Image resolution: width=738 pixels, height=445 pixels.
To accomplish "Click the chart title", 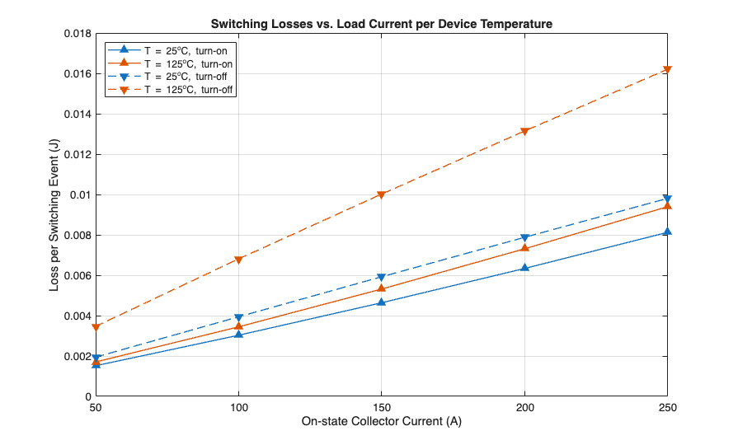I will pos(381,25).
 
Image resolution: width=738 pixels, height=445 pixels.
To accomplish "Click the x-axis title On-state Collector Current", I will pos(381,422).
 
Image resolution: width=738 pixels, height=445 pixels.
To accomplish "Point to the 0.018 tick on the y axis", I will pos(76,34).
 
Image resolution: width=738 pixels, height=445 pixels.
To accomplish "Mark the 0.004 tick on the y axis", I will pos(76,316).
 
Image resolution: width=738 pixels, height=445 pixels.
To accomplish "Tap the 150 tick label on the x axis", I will pos(381,407).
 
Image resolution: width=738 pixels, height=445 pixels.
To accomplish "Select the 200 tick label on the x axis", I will pos(524,407).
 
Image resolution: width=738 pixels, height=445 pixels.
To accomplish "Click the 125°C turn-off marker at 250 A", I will pos(667,70).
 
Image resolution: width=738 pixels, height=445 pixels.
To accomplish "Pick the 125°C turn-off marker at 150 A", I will pos(381,195).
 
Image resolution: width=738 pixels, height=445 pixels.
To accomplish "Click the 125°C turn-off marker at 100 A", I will pos(238,260).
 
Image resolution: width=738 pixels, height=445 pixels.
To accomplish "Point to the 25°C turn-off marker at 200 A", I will pos(524,238).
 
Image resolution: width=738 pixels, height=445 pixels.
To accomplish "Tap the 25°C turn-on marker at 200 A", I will pos(524,268).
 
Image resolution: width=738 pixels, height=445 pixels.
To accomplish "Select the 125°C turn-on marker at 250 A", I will pos(667,206).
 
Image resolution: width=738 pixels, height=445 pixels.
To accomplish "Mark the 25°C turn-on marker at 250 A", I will pos(667,232).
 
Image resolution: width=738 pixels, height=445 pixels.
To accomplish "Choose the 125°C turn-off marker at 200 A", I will pos(524,132).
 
